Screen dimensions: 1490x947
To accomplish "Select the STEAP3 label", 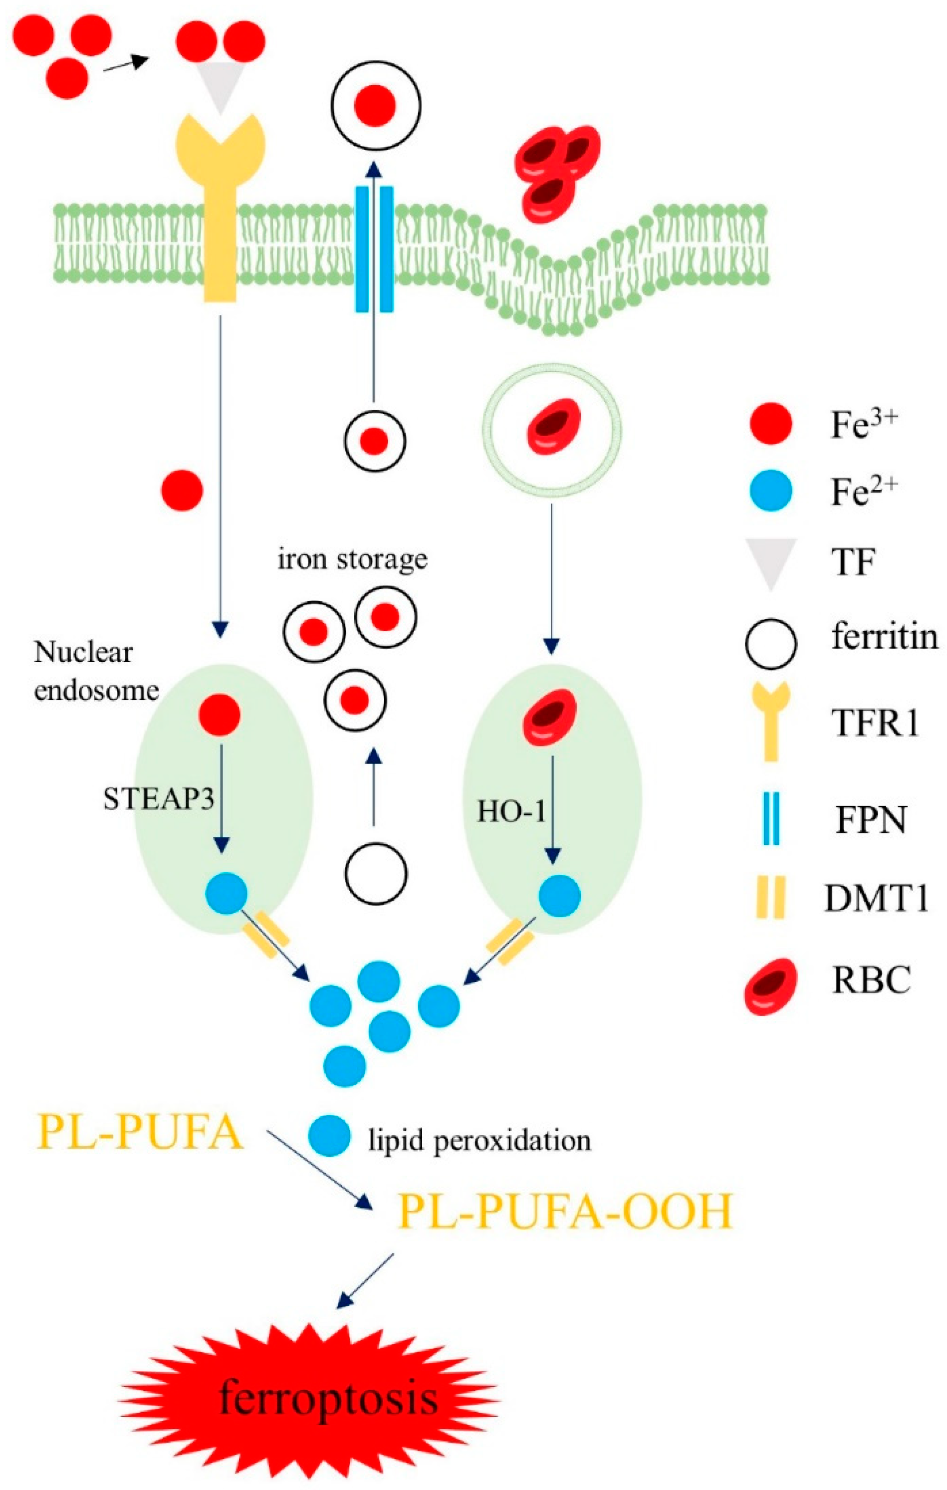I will (158, 799).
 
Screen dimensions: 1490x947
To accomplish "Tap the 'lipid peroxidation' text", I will (480, 1140).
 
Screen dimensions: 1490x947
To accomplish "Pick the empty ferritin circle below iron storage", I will (376, 874).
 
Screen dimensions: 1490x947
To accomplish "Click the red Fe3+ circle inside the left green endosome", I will (220, 715).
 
